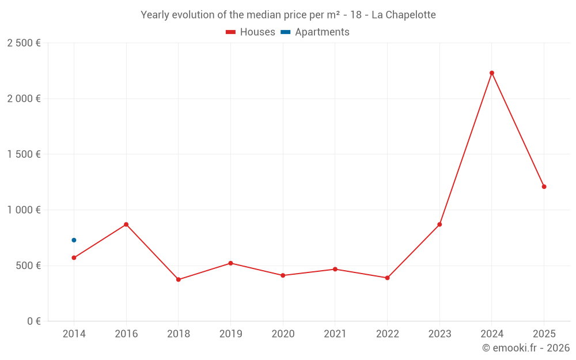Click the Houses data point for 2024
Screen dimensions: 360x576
coord(492,73)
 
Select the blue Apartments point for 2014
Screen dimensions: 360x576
coord(74,240)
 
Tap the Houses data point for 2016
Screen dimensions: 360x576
coord(126,225)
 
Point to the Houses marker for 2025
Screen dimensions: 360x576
coord(544,187)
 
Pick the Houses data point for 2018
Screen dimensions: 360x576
coord(179,279)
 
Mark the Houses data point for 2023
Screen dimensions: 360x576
coord(439,225)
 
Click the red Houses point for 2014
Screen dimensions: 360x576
coord(74,257)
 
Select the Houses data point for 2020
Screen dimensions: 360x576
coord(283,275)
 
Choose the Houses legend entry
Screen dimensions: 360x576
coord(251,32)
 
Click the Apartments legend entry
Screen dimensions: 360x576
coord(315,32)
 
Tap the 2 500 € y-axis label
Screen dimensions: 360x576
coord(24,43)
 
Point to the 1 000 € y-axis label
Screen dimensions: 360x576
coord(24,210)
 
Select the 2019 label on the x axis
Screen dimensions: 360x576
coord(230,334)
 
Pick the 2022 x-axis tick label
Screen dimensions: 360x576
coord(387,334)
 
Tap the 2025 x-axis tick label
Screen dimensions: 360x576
coord(544,334)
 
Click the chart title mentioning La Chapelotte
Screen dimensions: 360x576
coord(288,14)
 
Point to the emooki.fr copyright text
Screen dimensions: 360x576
coord(525,348)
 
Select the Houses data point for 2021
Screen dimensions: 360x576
coord(335,269)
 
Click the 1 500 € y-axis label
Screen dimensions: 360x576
coord(24,154)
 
